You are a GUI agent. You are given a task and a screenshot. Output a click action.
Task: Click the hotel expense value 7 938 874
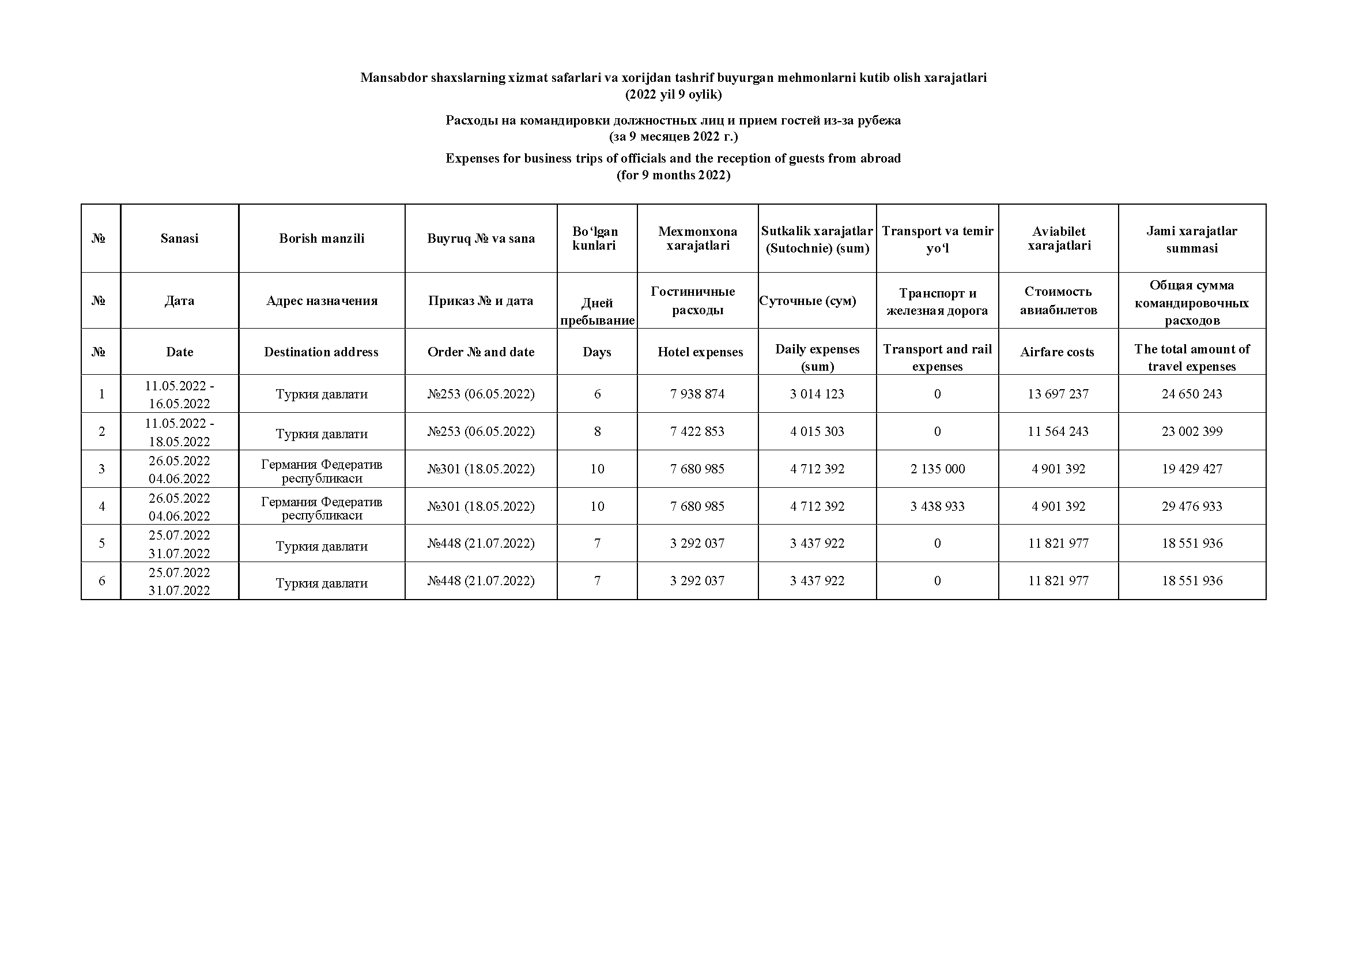tap(697, 394)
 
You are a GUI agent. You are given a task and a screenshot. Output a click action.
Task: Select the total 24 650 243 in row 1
tap(1191, 394)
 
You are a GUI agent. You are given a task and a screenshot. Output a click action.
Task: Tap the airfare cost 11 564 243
tap(1058, 432)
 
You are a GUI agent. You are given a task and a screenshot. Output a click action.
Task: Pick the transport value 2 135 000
tap(937, 469)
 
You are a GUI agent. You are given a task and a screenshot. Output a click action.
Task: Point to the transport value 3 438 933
tap(937, 506)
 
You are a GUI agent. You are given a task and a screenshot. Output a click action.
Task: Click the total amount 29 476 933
tap(1191, 506)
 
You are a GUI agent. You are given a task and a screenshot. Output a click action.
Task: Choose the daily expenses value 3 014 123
tap(817, 394)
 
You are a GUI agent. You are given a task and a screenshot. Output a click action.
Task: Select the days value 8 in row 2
tap(597, 432)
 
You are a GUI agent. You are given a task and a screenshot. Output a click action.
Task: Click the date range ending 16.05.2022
tap(179, 394)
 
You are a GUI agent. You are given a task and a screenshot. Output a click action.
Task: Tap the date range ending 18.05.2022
tap(179, 432)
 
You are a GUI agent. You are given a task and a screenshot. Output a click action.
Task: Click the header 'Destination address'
tap(321, 352)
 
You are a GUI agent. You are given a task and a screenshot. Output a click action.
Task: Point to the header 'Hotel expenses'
tap(700, 352)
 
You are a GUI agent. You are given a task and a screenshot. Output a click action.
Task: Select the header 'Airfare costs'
tap(1057, 352)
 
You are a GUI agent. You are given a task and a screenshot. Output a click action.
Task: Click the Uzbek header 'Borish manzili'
tap(321, 239)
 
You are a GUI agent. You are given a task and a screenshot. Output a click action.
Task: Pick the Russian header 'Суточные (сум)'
tap(807, 301)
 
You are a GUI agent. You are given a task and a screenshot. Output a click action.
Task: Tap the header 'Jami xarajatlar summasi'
tap(1191, 240)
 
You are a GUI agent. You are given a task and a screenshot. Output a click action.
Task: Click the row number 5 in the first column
tap(101, 544)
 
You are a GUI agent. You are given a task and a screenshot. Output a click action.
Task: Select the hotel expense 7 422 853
tap(697, 432)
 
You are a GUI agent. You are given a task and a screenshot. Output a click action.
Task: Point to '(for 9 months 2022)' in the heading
tap(673, 175)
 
